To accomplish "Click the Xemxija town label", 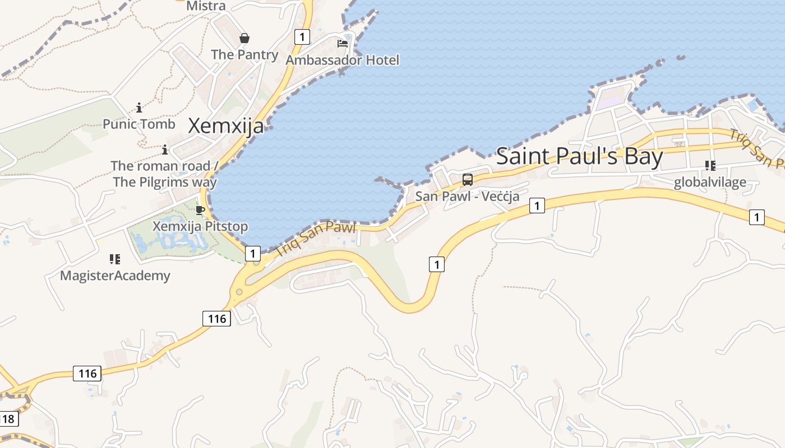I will click(225, 125).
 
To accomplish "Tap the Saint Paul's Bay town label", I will click(579, 156).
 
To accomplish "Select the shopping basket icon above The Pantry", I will click(244, 38).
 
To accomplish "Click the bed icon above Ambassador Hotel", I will click(342, 43).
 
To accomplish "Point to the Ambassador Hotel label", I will click(342, 60).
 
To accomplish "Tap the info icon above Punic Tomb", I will click(139, 108).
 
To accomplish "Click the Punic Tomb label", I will click(139, 124).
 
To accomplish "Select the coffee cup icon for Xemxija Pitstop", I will click(200, 211).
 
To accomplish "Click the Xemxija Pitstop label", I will click(200, 227).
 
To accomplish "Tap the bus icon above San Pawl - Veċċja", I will click(467, 180).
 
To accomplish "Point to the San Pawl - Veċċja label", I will click(467, 197).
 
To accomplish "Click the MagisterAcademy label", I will click(115, 276).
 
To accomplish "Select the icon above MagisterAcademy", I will click(115, 259).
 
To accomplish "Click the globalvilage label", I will click(710, 182).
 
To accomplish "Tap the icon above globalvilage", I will click(710, 165).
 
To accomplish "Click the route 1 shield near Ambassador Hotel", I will click(302, 37).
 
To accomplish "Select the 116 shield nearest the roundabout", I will click(216, 319).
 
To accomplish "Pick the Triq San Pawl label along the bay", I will click(316, 239).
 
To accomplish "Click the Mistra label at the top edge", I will click(206, 6).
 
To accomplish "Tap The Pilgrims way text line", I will click(165, 182).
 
